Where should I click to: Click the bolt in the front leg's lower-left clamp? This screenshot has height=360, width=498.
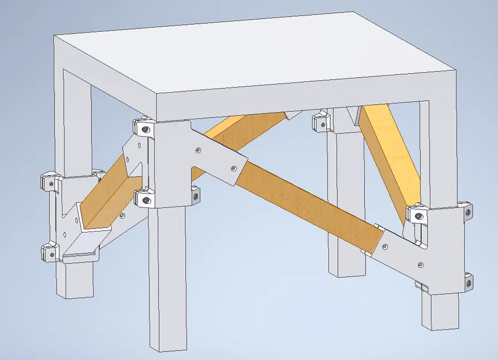(x=145, y=199)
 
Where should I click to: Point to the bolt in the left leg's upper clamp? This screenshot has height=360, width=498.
(x=51, y=183)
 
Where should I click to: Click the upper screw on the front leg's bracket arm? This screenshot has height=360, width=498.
(x=198, y=150)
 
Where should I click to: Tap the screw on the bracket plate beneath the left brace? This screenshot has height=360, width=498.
(x=122, y=217)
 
